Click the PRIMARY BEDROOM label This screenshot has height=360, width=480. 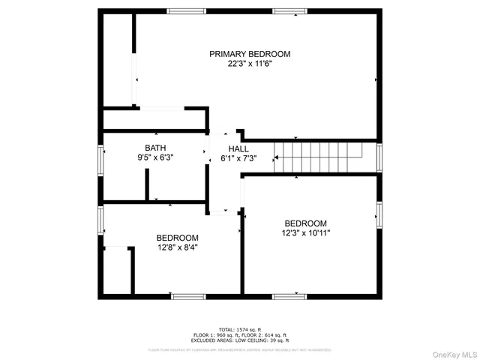coord(249,54)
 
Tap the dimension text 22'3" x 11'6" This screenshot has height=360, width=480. coord(249,64)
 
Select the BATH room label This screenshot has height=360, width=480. coord(156,148)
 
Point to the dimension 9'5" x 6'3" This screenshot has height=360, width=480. coord(156,158)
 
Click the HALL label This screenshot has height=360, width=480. coord(238,148)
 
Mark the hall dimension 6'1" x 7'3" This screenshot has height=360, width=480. coord(238,158)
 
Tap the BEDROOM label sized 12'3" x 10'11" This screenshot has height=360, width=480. coord(305,223)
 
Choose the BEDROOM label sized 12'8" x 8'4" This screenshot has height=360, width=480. coord(177,237)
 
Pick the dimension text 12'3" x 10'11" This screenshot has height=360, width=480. coord(305,233)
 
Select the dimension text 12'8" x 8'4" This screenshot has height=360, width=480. coord(177,247)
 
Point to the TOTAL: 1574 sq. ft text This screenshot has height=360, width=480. coord(240,330)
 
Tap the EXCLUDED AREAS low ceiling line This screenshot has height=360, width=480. coord(240,340)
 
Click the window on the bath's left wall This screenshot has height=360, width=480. coord(100,160)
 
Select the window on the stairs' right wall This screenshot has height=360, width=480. coord(379,157)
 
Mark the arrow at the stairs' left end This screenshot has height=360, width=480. coord(276,157)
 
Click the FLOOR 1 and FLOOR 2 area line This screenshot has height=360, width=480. coord(240,335)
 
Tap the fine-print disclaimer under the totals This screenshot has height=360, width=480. coord(240,349)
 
